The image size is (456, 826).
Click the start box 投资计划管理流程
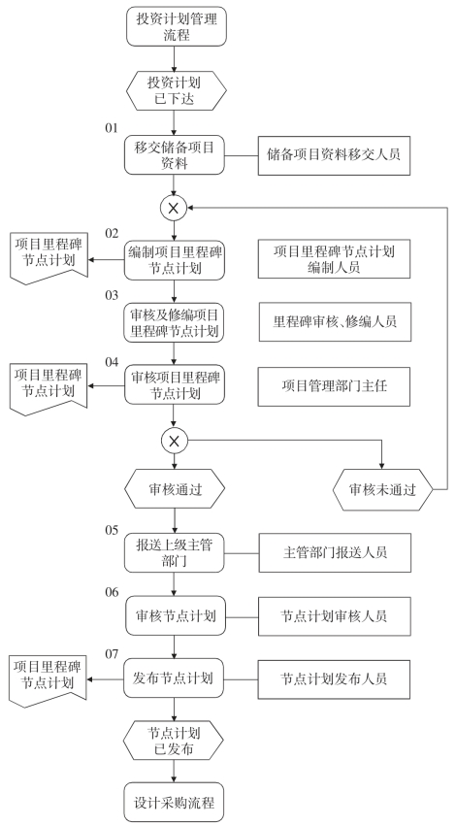tap(176, 26)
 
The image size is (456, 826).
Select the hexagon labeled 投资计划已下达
tap(176, 90)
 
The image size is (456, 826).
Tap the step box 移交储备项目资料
tap(175, 155)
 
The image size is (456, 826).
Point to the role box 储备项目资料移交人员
tap(334, 155)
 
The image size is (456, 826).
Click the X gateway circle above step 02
tap(174, 209)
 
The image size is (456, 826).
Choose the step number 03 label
tap(112, 295)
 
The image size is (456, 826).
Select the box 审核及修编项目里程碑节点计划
tap(175, 322)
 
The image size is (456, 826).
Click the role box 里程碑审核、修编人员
tap(335, 321)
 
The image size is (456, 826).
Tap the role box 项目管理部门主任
tap(334, 386)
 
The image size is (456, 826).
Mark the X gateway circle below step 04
tap(175, 441)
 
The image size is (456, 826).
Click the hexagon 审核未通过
tap(383, 490)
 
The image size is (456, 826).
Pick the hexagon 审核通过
tap(175, 489)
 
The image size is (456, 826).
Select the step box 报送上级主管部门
tap(175, 552)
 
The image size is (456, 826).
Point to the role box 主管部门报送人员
tap(335, 552)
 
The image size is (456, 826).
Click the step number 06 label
tap(112, 592)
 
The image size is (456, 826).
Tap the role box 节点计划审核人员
tap(335, 616)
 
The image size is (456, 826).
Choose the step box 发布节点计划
tap(174, 677)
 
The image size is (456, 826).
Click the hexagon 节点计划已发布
tap(174, 741)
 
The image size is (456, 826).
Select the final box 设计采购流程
tap(175, 803)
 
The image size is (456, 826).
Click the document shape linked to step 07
tap(48, 680)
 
